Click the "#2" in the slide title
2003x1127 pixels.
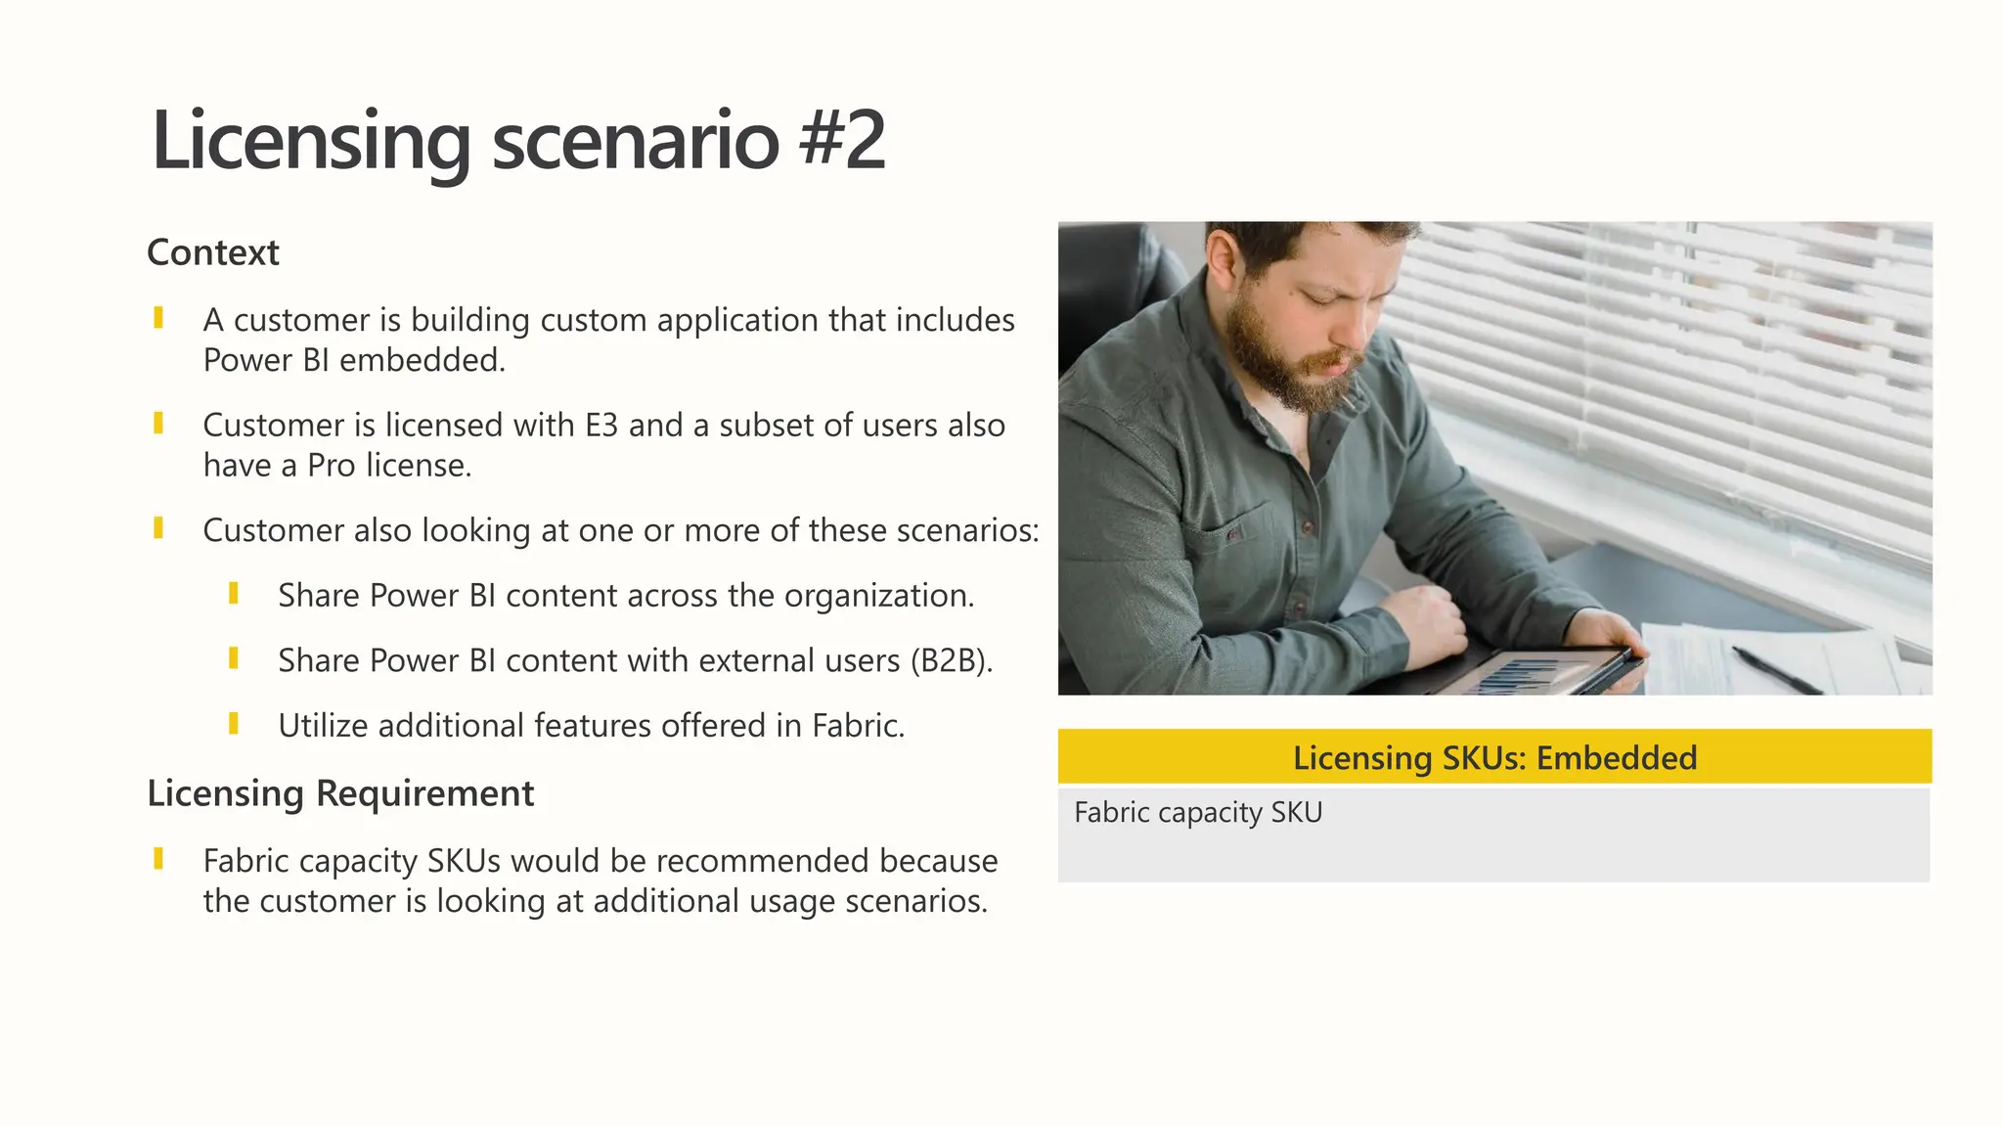tap(842, 140)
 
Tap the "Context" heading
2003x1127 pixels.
tap(213, 252)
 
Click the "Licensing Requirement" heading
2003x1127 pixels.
tap(340, 792)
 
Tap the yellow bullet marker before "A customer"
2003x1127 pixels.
tap(158, 318)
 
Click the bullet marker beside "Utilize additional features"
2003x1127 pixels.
tap(234, 724)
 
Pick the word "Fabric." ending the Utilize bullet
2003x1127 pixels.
tap(858, 726)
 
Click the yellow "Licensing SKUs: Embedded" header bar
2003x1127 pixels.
tap(1494, 757)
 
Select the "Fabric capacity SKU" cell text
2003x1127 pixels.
tap(1198, 813)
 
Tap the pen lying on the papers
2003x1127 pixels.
tap(1776, 669)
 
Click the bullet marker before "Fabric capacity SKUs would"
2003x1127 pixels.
tap(158, 859)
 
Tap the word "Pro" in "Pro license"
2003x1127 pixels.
tap(332, 466)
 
